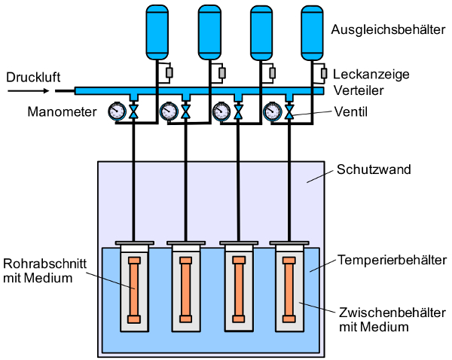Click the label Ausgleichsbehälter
(388, 29)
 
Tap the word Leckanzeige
(371, 75)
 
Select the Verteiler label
(359, 90)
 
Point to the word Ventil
(351, 111)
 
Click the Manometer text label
(62, 111)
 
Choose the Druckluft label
(33, 78)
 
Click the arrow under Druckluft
(29, 91)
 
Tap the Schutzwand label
(374, 169)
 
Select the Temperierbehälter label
(392, 260)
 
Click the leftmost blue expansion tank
(157, 32)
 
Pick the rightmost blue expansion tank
(312, 33)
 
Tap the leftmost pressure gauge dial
(117, 111)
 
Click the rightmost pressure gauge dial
(273, 111)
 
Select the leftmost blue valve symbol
(133, 111)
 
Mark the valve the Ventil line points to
(289, 111)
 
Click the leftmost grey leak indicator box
(169, 73)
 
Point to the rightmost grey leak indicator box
(324, 74)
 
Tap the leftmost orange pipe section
(134, 290)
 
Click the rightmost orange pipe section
(289, 290)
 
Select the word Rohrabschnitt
(45, 264)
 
